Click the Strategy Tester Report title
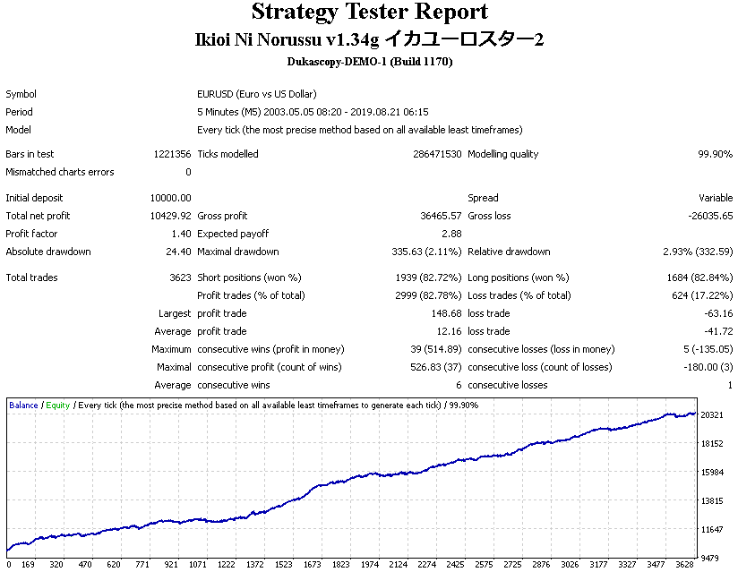click(370, 13)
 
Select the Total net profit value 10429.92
click(170, 216)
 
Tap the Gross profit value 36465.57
click(441, 216)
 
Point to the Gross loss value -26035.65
click(710, 216)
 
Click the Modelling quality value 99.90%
click(715, 154)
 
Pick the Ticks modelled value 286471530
click(437, 154)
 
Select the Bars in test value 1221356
click(172, 154)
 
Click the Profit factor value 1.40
click(181, 234)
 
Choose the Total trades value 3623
click(180, 277)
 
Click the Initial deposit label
click(34, 198)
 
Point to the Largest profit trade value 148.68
click(446, 313)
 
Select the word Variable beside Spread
click(716, 198)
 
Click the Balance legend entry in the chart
click(23, 405)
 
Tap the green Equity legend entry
click(58, 406)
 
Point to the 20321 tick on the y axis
click(712, 414)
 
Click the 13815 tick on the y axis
click(712, 501)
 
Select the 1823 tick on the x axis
click(340, 565)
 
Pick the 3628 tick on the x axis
click(685, 565)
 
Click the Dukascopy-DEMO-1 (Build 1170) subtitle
click(370, 62)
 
